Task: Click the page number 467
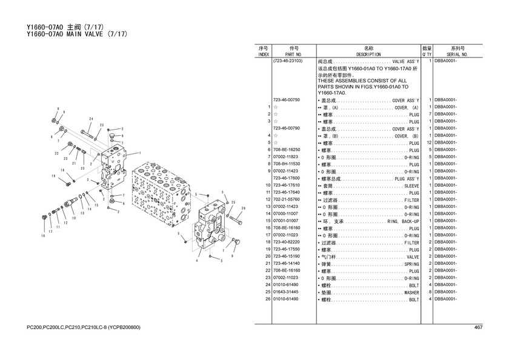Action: pos(478,327)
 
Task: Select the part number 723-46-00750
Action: pos(287,100)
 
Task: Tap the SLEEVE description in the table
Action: pos(411,186)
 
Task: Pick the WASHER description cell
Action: pos(411,293)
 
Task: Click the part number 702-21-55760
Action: pos(287,199)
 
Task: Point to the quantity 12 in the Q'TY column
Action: pos(429,142)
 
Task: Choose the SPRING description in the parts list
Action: pos(411,264)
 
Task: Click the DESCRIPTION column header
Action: pos(368,55)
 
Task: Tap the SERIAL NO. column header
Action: pos(457,55)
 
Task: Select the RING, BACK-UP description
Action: pos(403,221)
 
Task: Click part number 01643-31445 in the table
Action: pos(286,292)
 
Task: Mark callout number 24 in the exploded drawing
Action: pos(91,119)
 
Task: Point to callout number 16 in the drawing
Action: pos(43,236)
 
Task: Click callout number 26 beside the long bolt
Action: pos(244,208)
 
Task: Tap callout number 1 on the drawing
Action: pos(140,153)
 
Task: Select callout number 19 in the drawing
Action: pos(53,176)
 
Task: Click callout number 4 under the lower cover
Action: pos(197,261)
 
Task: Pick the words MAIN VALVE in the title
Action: pos(85,34)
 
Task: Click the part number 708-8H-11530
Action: pos(287,164)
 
